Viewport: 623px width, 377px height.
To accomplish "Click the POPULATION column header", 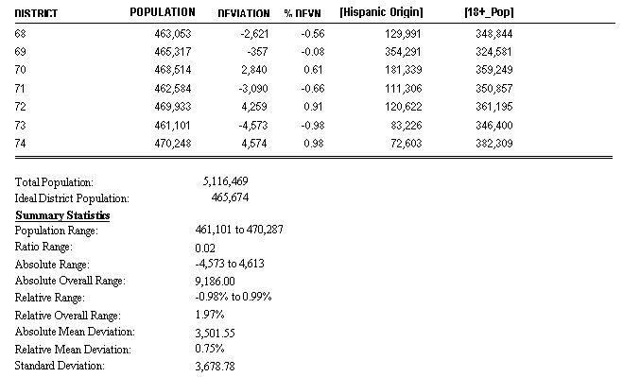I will pos(162,12).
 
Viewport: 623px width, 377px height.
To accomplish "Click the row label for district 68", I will pos(21,33).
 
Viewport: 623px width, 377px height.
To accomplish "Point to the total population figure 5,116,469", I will pos(226,180).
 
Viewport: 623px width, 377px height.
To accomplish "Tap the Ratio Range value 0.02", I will pos(203,248).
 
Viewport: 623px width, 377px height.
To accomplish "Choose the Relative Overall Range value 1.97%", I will pos(208,315).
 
